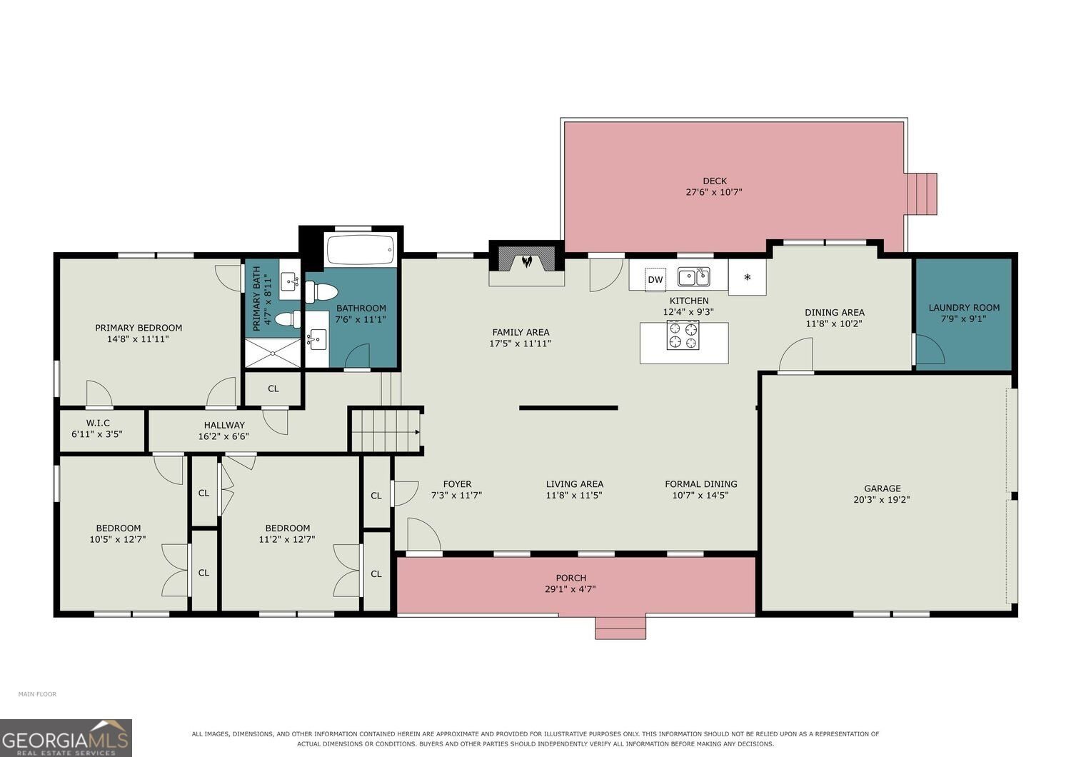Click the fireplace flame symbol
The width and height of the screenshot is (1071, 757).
pos(527,261)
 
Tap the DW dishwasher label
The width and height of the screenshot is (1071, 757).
pos(655,280)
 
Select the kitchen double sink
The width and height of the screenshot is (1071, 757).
pos(694,277)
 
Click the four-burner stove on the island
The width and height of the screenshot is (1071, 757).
pos(683,335)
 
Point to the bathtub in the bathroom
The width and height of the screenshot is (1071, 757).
pos(361,249)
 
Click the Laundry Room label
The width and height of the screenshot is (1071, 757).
pos(964,308)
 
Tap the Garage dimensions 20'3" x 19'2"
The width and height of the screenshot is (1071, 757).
pos(882,500)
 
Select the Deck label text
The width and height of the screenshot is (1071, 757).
pos(715,181)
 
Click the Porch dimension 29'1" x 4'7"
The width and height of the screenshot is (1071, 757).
pos(570,589)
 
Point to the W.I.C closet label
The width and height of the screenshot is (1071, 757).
pos(98,423)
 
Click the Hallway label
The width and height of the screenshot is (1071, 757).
pos(224,425)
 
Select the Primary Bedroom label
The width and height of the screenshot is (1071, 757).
pos(139,328)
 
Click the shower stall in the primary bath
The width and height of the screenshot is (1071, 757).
pos(273,353)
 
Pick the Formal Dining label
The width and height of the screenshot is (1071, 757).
pos(701,484)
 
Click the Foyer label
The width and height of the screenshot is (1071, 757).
pos(457,484)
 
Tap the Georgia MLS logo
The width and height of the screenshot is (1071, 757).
pos(66,738)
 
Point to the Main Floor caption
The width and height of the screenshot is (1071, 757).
pos(37,694)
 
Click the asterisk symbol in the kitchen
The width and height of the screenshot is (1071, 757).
pos(748,277)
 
